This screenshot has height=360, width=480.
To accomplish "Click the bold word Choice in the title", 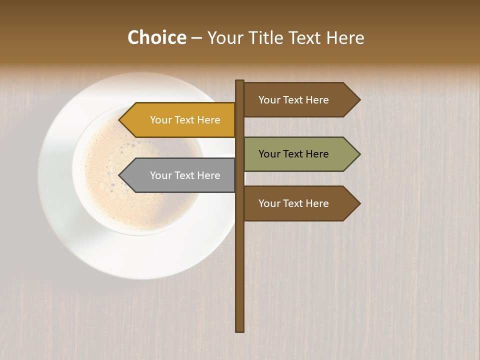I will (156, 37).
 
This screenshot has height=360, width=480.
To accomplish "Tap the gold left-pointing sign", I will (180, 120).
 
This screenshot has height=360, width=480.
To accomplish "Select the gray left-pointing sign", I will (180, 175).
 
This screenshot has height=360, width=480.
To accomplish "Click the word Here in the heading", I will (345, 37).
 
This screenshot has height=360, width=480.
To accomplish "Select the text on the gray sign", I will (185, 175).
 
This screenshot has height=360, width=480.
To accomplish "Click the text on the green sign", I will (293, 154).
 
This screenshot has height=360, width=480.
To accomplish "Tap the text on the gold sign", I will (185, 120).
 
